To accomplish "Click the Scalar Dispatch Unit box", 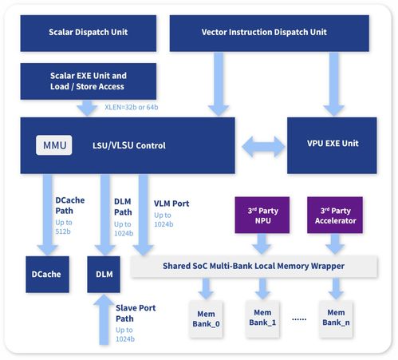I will [89, 33].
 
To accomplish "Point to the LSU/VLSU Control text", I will [144, 146].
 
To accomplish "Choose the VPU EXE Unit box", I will [333, 144].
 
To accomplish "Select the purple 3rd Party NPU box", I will [257, 216].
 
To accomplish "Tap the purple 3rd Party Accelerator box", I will [334, 216].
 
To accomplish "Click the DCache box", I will [45, 274].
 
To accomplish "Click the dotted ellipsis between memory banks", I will [300, 318].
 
